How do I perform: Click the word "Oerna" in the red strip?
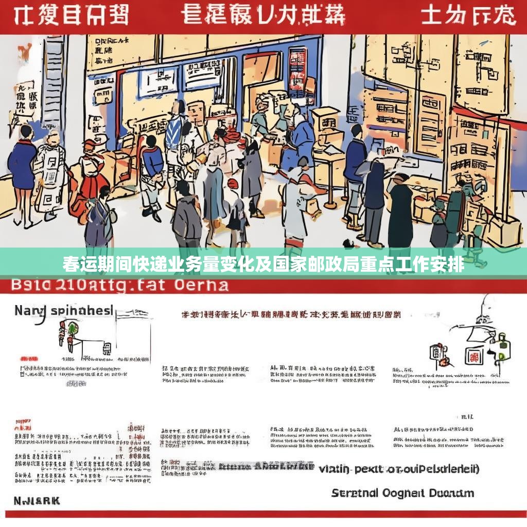201,285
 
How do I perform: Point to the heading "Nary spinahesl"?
63,311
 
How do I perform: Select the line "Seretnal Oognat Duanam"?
402,493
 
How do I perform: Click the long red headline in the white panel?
291,315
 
